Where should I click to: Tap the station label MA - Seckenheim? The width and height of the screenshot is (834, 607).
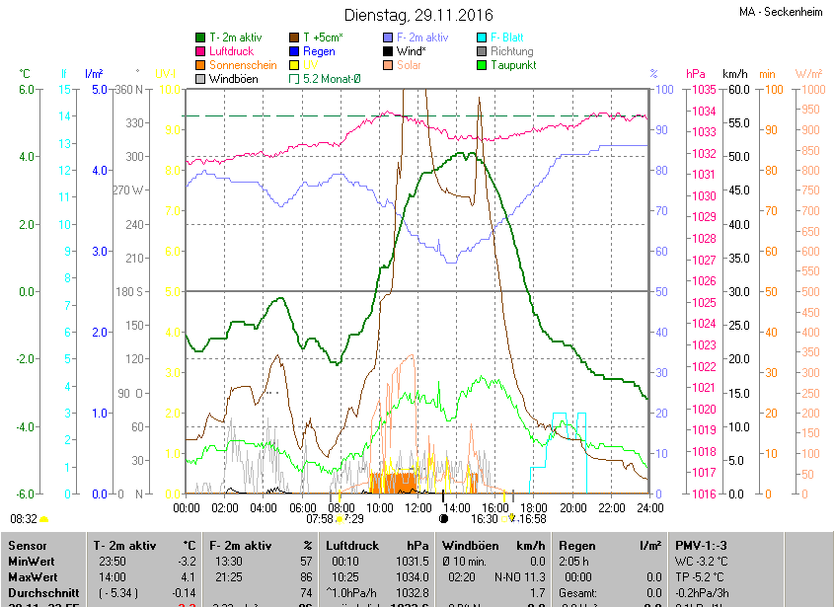[x=780, y=12]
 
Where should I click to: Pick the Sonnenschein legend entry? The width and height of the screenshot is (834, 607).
[x=243, y=65]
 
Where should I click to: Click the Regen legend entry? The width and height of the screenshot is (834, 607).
[x=319, y=51]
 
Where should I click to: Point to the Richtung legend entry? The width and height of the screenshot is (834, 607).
[x=511, y=51]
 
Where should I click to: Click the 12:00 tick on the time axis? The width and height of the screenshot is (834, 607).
[x=417, y=507]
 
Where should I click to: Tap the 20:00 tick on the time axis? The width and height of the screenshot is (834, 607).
[x=571, y=507]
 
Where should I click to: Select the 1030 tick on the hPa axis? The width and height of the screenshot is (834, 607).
[x=704, y=195]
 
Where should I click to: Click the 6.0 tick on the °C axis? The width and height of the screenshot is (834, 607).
[x=27, y=90]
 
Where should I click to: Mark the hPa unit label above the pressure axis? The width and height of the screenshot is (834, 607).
[x=696, y=74]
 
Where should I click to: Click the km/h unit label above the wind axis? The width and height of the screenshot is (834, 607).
[x=735, y=74]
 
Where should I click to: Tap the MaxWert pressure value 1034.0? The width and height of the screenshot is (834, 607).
[x=414, y=576]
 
